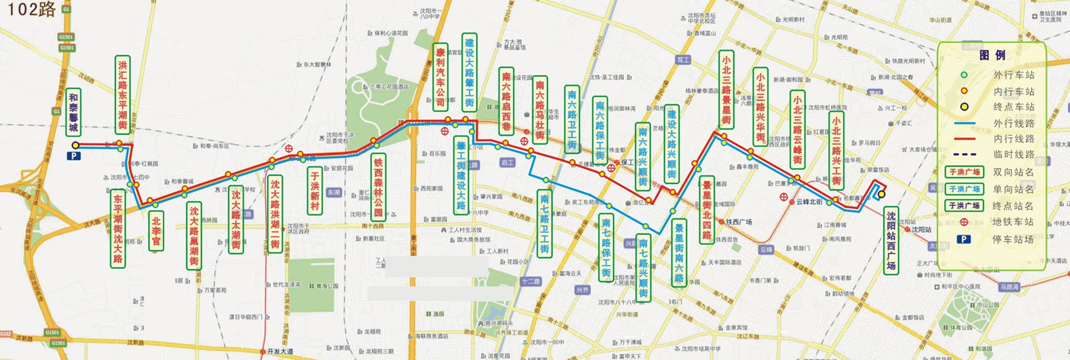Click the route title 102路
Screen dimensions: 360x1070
[x=31, y=9]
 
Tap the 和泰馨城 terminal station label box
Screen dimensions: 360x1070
[x=74, y=112]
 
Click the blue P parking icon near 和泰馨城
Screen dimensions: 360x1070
[x=74, y=156]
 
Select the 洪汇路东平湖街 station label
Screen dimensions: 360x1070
[x=122, y=95]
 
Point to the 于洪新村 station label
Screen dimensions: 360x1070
[x=314, y=190]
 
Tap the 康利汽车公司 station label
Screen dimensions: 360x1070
[x=440, y=77]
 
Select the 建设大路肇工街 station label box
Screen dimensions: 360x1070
[x=469, y=72]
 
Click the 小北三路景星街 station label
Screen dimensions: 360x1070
[x=726, y=89]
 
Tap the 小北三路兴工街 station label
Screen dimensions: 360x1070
[x=836, y=150]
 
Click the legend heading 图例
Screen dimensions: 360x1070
[x=992, y=56]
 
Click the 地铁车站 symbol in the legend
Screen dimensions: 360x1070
[x=964, y=222]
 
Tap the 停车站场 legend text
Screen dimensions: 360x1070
[x=1013, y=239]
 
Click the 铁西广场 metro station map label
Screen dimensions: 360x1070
[x=739, y=222]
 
